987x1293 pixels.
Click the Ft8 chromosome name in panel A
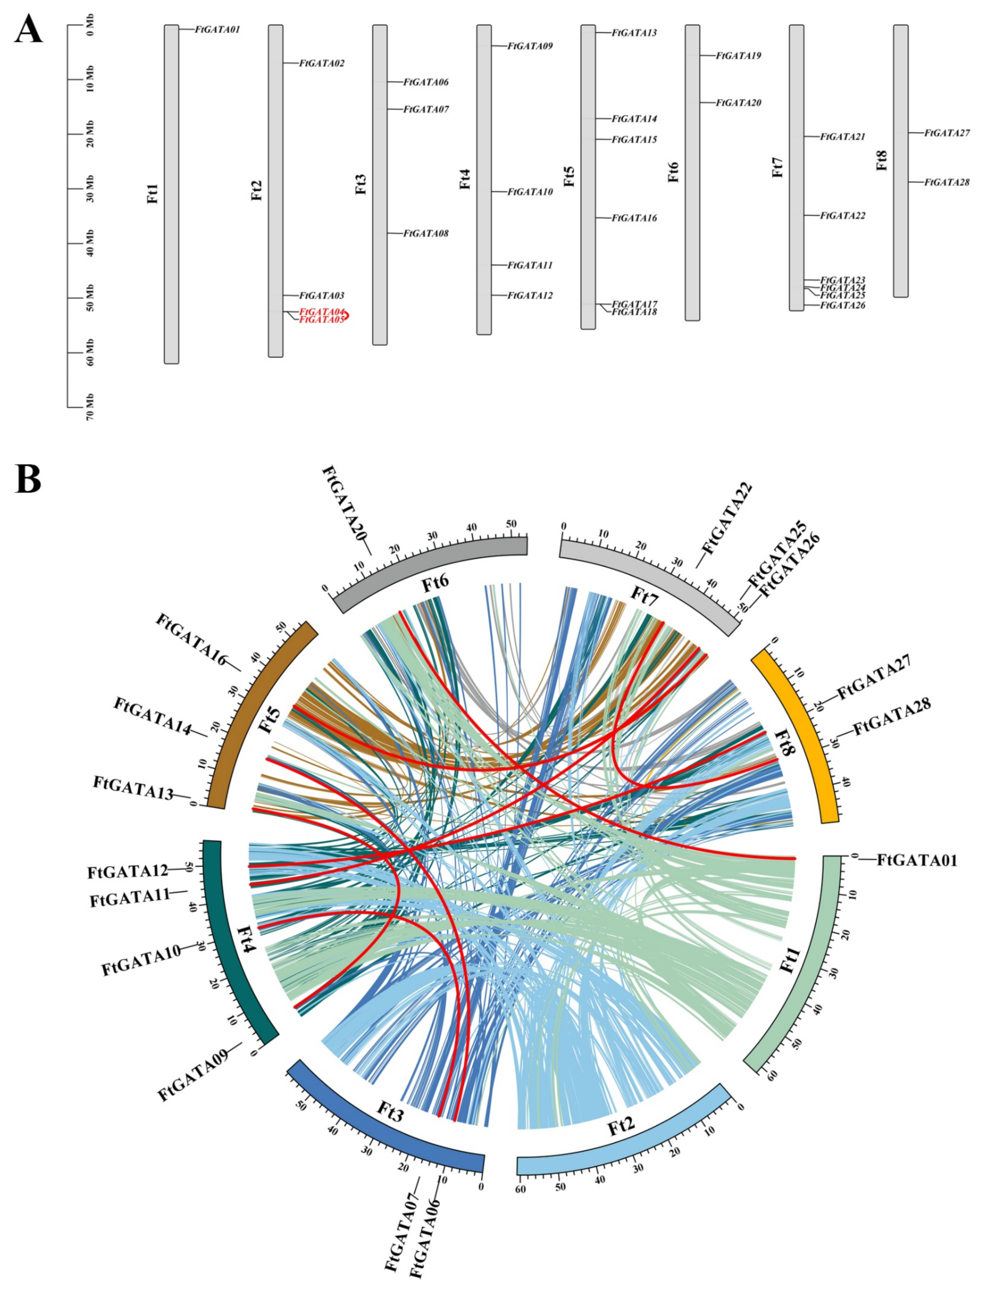pyautogui.click(x=881, y=160)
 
